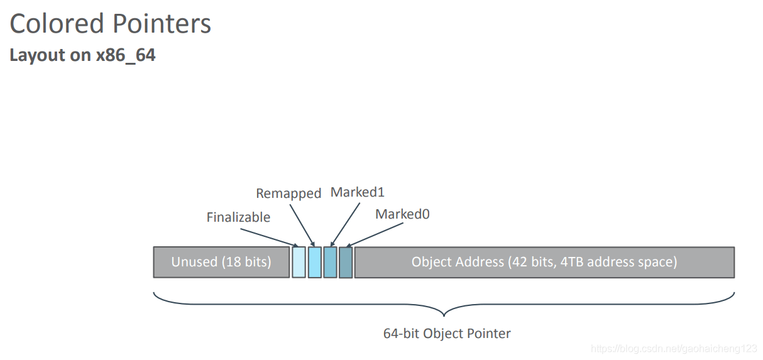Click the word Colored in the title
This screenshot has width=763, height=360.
[57, 24]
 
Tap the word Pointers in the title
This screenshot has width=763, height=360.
[162, 24]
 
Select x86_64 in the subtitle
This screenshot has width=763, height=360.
[126, 55]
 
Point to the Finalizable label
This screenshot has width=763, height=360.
[238, 217]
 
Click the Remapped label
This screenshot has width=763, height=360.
[288, 194]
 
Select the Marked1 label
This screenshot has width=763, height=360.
[357, 192]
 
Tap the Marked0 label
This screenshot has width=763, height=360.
[402, 214]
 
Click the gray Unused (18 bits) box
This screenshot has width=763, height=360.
[221, 262]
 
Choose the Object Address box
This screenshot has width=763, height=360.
[544, 262]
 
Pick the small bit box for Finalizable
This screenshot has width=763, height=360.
[299, 262]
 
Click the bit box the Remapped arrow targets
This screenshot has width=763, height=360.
[314, 262]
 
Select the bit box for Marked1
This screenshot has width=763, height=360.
[330, 262]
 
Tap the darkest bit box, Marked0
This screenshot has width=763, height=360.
[346, 262]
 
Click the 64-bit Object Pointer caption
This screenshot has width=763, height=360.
[447, 334]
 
